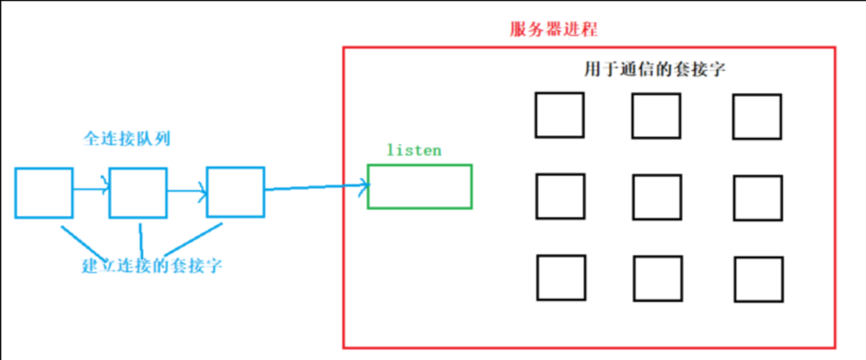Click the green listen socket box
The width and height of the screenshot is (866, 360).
(x=420, y=187)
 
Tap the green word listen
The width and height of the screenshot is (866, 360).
(x=414, y=150)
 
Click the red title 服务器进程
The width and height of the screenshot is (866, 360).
(x=553, y=30)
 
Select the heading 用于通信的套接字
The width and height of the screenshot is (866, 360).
(x=654, y=69)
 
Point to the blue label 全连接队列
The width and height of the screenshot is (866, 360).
(x=126, y=139)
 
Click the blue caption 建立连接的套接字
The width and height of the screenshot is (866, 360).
(x=152, y=266)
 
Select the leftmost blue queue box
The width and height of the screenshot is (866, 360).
(x=44, y=193)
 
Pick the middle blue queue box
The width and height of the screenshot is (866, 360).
(x=138, y=193)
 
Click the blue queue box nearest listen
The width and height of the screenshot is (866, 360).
(x=235, y=192)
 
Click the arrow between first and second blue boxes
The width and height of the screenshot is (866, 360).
(x=91, y=189)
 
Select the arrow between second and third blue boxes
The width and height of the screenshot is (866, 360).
(x=186, y=190)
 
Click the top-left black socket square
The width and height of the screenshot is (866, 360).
(x=559, y=115)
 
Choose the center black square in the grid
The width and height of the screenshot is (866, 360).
(x=656, y=197)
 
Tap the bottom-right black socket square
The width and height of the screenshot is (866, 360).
(x=758, y=279)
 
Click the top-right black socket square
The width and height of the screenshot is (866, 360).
(x=758, y=117)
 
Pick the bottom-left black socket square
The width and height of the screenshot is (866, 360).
(x=560, y=278)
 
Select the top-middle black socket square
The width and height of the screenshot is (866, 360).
(x=655, y=116)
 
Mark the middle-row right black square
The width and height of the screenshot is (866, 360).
(x=758, y=198)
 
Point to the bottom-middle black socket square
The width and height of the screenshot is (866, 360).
(x=657, y=279)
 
